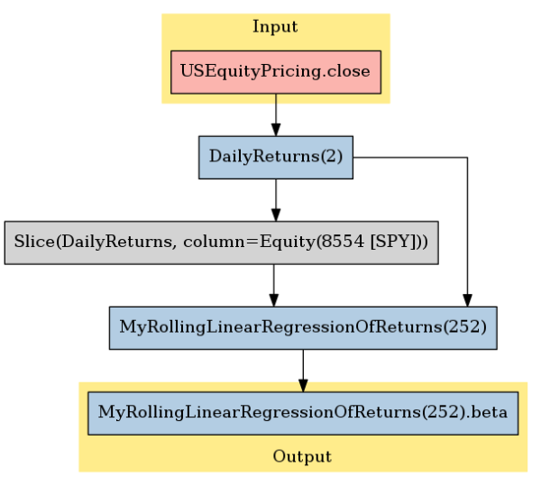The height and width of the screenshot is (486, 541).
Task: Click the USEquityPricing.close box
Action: pyautogui.click(x=276, y=72)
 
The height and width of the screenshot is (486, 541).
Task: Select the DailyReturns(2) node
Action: pyautogui.click(x=276, y=157)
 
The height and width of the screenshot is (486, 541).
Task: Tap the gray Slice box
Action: pyautogui.click(x=222, y=243)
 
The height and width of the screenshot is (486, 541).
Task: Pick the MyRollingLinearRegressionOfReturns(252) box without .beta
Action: pyautogui.click(x=303, y=328)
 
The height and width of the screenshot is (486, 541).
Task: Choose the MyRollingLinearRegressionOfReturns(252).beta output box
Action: pyautogui.click(x=303, y=413)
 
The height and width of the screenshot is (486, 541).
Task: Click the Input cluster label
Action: pyautogui.click(x=275, y=27)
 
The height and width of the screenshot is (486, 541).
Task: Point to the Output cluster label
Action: pyautogui.click(x=302, y=456)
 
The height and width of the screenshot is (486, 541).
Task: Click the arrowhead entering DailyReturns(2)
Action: pyautogui.click(x=276, y=129)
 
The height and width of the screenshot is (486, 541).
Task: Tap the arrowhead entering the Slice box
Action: pyautogui.click(x=276, y=215)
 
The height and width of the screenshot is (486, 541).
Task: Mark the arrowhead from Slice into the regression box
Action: pyautogui.click(x=273, y=299)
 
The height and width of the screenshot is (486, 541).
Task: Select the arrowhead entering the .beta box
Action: pyautogui.click(x=303, y=385)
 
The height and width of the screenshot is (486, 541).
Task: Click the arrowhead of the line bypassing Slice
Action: pyautogui.click(x=467, y=299)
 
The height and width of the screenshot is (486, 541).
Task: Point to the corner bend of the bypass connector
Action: pyautogui.click(x=467, y=158)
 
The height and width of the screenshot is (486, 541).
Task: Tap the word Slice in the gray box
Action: pyautogui.click(x=34, y=241)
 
